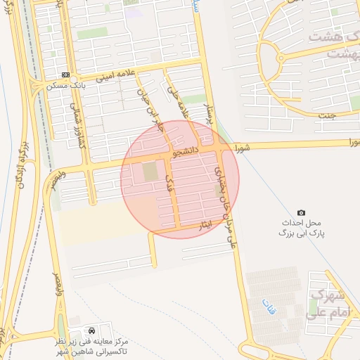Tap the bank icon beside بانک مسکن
tap(65, 75)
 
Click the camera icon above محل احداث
tap(302, 212)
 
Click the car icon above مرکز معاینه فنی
tap(91, 330)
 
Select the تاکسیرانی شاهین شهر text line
tap(91, 352)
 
